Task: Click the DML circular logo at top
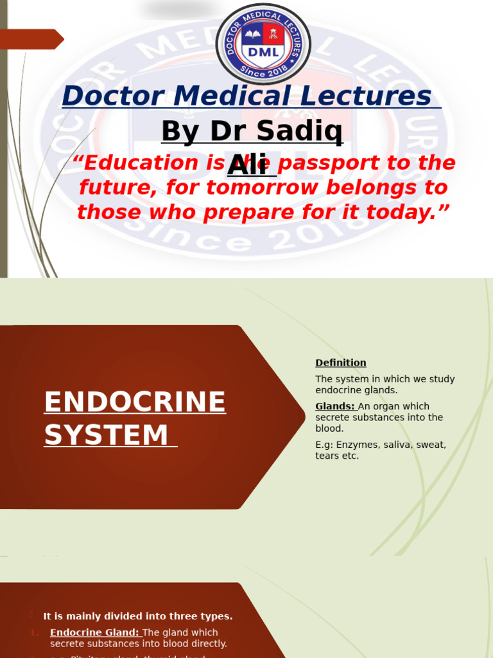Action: (263, 44)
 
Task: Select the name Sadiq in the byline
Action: (309, 132)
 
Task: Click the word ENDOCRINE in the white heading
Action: (135, 402)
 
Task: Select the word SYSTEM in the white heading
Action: (107, 435)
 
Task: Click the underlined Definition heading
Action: (341, 363)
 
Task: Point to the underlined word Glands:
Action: (335, 406)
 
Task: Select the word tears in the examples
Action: (328, 456)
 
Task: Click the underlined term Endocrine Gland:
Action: (94, 632)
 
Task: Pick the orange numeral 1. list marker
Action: (34, 633)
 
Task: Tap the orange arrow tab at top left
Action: (32, 39)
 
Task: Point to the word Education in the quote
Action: (142, 163)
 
